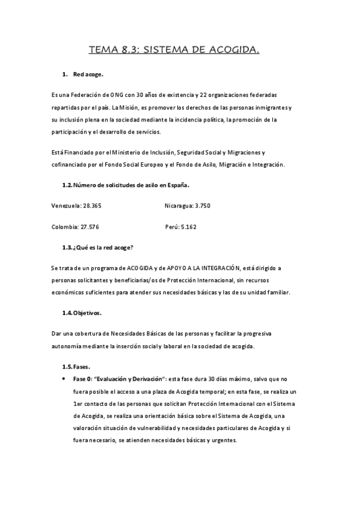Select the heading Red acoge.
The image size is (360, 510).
88,75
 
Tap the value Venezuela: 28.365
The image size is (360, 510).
77,206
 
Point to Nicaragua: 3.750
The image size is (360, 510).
188,206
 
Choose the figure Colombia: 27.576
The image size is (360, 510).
76,227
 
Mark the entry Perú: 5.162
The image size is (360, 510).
180,227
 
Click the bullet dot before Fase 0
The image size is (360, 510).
64,379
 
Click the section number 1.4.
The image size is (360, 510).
67,313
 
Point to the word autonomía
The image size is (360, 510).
69,347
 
